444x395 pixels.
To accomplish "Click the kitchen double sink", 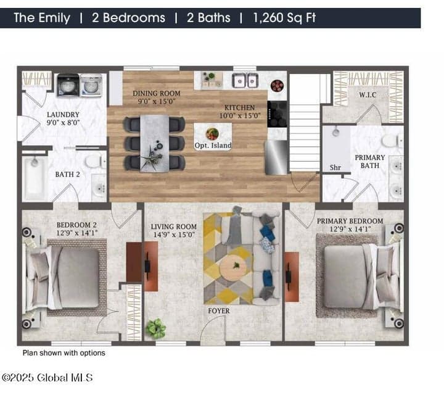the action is pos(245,80).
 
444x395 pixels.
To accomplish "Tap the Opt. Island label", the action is pos(213,146).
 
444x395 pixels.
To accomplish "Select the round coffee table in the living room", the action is pos(233,268).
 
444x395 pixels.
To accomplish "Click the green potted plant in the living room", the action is pos(155,328).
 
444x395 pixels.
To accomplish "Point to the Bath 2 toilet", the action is pos(94,161).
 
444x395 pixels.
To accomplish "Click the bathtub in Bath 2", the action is pos(35,178).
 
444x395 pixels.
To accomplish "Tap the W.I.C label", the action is pos(368,95).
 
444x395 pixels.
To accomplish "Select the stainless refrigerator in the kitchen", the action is pos(276,157).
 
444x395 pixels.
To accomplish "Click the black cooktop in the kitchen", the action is pos(277,114).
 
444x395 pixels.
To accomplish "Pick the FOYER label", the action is pos(218,311).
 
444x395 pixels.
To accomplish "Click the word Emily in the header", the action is pos(54,18).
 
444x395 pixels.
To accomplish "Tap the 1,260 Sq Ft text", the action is pos(284,18).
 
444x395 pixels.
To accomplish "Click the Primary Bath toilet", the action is pos(392,140).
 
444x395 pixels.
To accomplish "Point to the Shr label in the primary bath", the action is pos(335,167).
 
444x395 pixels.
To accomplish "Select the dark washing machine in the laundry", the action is pos(68,85).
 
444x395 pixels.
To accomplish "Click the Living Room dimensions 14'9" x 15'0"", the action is pos(174,235).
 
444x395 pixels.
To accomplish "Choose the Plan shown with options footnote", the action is pos(64,353).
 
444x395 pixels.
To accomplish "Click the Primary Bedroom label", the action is pos(350,221).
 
